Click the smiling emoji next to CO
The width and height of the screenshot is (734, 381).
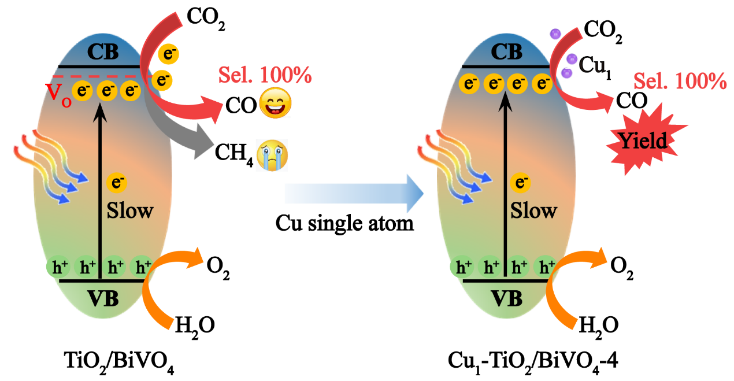pos(276,105)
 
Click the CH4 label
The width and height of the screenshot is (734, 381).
pos(233,154)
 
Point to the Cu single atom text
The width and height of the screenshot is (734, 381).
pos(345,223)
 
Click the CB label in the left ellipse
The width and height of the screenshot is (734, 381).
pos(102,53)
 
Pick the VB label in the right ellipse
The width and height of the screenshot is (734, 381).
pos(506,298)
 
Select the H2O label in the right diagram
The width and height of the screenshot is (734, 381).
pos(597,324)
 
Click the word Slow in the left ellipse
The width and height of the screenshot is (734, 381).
pos(130,210)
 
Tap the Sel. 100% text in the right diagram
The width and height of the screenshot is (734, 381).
pos(680,81)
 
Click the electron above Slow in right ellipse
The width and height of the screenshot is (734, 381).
pos(521,184)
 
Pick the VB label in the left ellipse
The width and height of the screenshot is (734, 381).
pos(102,298)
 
